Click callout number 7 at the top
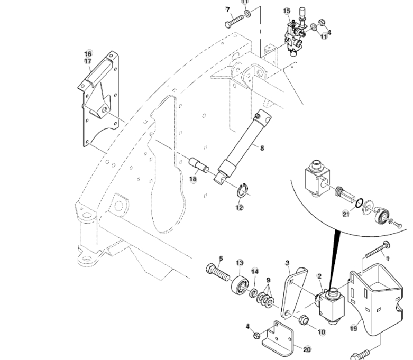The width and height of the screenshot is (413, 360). pos(228,10)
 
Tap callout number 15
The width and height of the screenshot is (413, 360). pos(287,11)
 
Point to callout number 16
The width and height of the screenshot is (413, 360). pos(88,53)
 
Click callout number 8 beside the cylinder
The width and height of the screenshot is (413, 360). pos(261,148)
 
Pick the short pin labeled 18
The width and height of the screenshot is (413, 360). pos(199,165)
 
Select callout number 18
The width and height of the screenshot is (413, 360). pos(193,180)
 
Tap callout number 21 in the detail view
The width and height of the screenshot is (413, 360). pos(346,214)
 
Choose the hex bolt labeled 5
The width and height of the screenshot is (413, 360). pos(217,274)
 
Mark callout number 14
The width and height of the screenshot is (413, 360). pos(255,272)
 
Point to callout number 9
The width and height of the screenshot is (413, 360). pos(268,280)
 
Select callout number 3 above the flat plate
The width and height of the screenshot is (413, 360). pos(287,262)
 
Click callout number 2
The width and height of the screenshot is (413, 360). pos(319,276)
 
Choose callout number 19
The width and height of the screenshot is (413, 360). pos(354,328)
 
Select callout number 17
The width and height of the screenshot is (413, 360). pos(88,61)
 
